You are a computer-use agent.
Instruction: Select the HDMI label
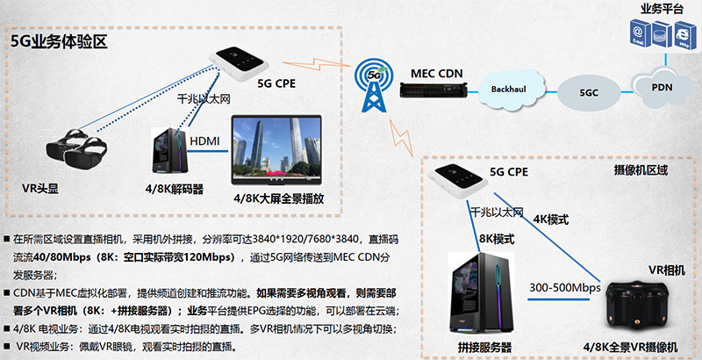click(204, 141)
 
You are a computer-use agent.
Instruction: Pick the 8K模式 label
click(497, 237)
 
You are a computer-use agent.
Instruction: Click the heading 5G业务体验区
click(58, 42)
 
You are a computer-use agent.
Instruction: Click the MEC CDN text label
click(435, 70)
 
